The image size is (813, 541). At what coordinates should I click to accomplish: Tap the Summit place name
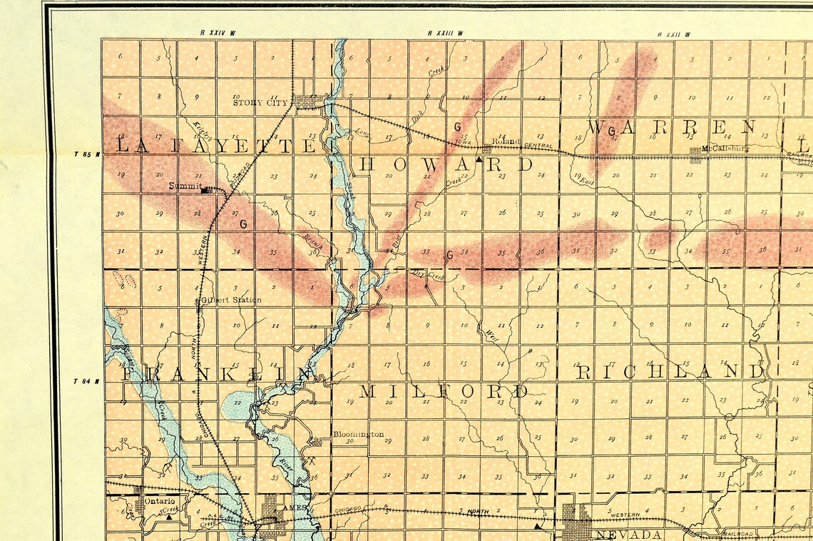click(x=183, y=186)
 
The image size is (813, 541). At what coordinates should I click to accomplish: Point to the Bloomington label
click(x=358, y=434)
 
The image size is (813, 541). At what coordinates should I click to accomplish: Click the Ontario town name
click(x=159, y=501)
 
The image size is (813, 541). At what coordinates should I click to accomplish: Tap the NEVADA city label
click(x=630, y=535)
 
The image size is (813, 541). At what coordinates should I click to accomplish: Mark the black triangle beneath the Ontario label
click(x=168, y=517)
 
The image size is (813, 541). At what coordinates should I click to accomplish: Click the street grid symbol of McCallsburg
click(x=695, y=155)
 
